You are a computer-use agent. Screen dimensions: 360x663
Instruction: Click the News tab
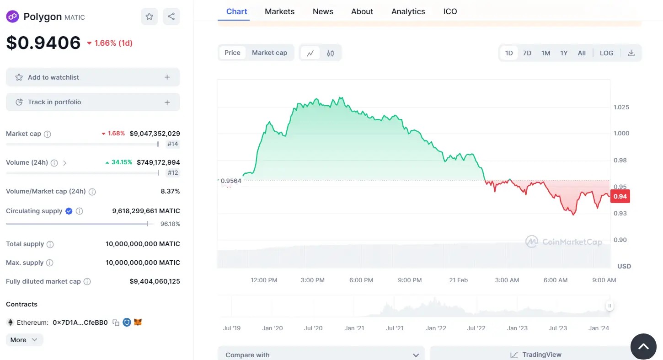tap(323, 11)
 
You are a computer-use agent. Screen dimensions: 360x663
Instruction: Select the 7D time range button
tap(527, 53)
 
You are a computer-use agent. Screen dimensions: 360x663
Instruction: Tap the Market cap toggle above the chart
tap(269, 53)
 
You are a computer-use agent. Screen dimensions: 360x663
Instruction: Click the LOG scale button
tap(606, 53)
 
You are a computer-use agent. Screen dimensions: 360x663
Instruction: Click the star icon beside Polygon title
tap(149, 16)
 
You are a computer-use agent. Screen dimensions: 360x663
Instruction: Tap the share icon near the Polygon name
tap(171, 16)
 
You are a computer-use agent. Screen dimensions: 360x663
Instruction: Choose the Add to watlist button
tap(93, 77)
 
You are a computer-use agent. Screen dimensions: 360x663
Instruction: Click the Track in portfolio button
tap(93, 102)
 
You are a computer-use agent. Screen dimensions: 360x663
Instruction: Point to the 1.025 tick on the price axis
tap(621, 107)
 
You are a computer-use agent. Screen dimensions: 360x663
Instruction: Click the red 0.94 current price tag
tap(620, 196)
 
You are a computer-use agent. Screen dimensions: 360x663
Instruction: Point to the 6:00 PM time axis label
tap(361, 280)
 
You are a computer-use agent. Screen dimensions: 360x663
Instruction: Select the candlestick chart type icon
tap(330, 53)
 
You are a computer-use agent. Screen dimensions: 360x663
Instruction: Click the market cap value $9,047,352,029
tap(155, 134)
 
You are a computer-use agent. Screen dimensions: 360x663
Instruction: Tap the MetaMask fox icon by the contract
tap(138, 322)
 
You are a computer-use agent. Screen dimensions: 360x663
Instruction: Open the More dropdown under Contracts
tap(24, 340)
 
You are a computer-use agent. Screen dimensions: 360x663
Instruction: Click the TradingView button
tap(536, 355)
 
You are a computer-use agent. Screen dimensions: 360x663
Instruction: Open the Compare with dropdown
tap(321, 355)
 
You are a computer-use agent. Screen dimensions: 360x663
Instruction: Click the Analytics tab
tap(408, 11)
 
